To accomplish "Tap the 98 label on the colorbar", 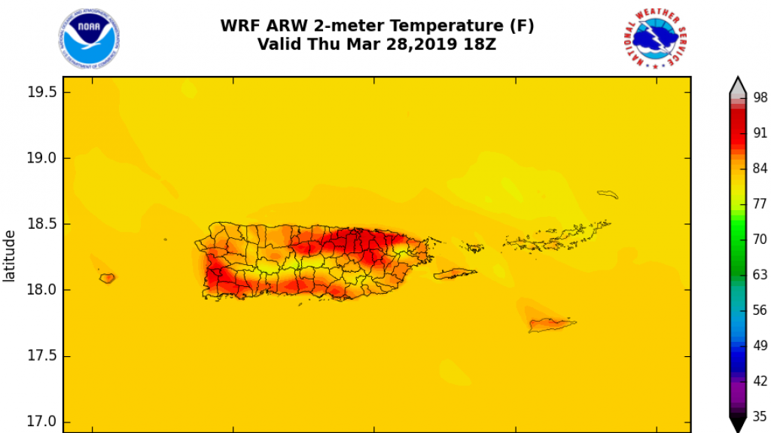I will [760, 96].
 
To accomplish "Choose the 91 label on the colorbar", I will [760, 131].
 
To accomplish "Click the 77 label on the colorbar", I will [760, 203].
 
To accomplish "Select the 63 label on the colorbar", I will [760, 275].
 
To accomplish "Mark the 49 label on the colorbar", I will [760, 345].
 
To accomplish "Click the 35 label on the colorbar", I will [760, 416].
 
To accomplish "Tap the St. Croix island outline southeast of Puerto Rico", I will [552, 325].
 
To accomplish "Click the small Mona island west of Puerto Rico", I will [108, 278].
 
